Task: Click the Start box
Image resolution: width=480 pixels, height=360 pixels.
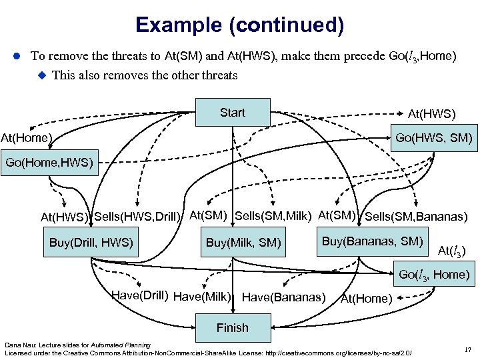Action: click(x=232, y=113)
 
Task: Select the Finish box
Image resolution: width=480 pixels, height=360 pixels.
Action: click(x=232, y=327)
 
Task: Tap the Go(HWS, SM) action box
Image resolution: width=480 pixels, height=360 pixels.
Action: click(x=433, y=139)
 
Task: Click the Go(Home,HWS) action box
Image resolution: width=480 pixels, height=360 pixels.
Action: click(x=49, y=162)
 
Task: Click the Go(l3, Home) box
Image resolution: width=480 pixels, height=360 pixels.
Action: click(x=433, y=274)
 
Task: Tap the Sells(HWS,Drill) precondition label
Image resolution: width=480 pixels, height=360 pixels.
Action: click(x=138, y=216)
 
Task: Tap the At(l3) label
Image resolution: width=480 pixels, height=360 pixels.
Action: click(x=451, y=251)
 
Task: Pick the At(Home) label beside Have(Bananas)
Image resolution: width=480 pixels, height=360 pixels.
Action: click(x=365, y=298)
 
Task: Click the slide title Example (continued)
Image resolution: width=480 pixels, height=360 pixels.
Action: click(x=239, y=25)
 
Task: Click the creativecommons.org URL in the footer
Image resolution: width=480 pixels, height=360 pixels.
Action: click(x=350, y=351)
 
